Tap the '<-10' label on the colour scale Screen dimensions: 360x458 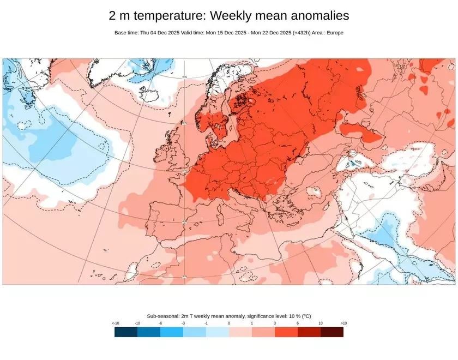click(116, 323)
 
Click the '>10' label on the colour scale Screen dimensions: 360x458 click(343, 323)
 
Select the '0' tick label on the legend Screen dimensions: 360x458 click(229, 323)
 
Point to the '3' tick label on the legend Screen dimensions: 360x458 click(275, 323)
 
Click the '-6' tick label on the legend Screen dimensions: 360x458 click(160, 323)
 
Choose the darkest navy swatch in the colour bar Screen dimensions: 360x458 click(126, 332)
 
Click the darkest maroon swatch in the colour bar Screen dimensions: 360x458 click(332, 332)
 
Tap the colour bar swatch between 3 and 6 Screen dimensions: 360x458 click(286, 332)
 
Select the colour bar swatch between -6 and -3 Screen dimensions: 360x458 click(172, 332)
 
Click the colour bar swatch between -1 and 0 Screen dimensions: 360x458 click(218, 332)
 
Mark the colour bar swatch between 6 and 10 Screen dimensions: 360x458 click(309, 332)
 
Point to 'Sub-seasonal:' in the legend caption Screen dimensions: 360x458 click(163, 316)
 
